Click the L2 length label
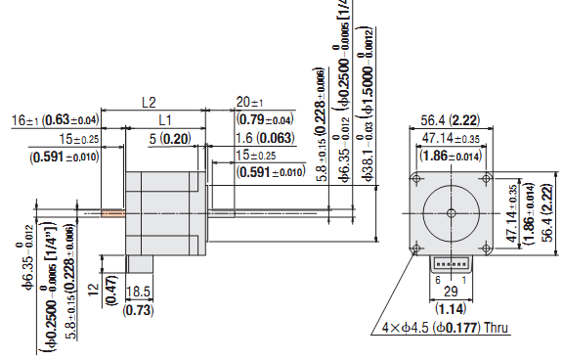tap(150, 102)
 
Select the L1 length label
tap(165, 118)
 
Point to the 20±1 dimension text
tap(250, 103)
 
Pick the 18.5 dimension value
tap(140, 292)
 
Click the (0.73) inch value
tap(140, 309)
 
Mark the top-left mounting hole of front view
tap(418, 177)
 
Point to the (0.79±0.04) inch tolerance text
tap(265, 119)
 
